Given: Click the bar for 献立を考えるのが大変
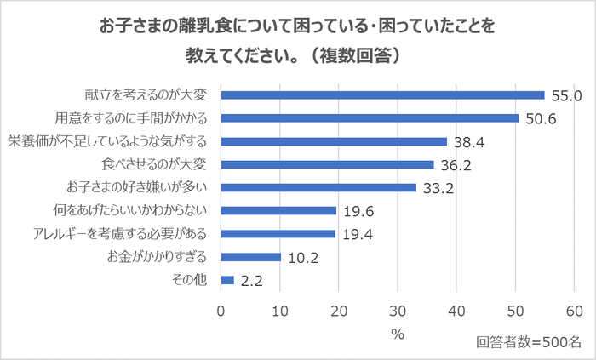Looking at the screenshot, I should pos(382,94).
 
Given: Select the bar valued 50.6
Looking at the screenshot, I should pos(370,117).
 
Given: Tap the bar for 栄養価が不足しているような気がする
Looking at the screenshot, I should pos(334,141).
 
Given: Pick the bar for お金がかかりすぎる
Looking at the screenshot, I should pos(250,256).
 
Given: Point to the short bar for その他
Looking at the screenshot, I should pos(227,279).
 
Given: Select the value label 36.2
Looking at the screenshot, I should pos(455,165).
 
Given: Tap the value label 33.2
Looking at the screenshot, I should pos(437,188).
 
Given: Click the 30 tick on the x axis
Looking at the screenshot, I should pos(398,311).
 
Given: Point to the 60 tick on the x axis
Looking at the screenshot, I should pos(574,311).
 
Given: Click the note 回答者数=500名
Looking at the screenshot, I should pos(528,342).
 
